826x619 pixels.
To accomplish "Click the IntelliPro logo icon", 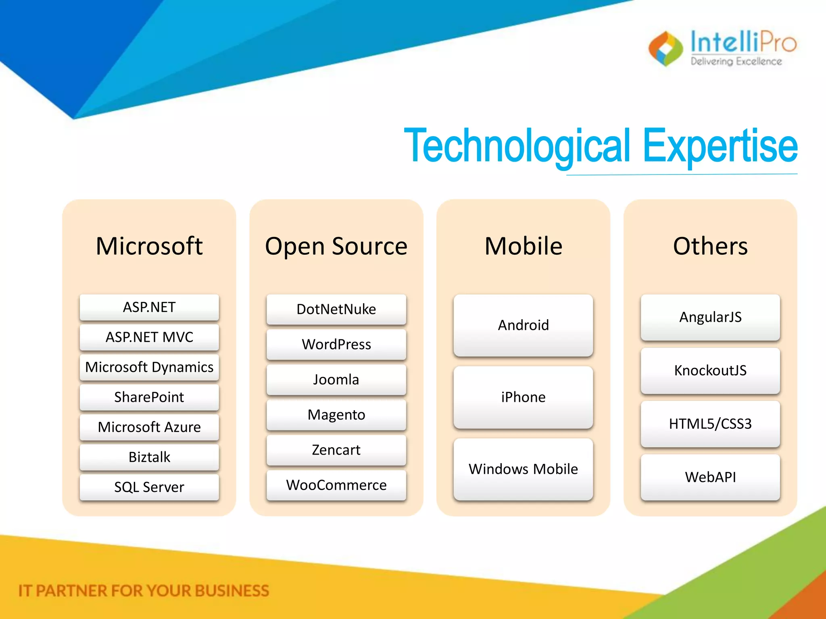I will [x=665, y=49].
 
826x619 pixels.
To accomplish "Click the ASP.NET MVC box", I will [x=149, y=337].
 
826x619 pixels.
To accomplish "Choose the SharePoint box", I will [x=149, y=397].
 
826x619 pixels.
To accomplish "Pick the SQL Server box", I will [x=149, y=487].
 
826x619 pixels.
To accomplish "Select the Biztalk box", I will [x=149, y=457].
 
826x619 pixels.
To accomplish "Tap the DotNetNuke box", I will [x=336, y=309].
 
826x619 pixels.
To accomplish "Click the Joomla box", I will [x=336, y=380].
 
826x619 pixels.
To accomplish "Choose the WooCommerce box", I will [x=336, y=485].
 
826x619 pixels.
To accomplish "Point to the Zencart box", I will [x=336, y=450].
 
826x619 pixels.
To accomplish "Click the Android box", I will [x=523, y=325].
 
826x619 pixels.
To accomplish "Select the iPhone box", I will [x=523, y=397].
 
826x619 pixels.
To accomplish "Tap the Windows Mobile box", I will [x=523, y=469].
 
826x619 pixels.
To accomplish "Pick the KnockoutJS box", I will [x=710, y=371].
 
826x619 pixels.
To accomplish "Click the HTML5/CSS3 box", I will [x=710, y=424].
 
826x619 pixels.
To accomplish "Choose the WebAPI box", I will [x=710, y=477].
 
